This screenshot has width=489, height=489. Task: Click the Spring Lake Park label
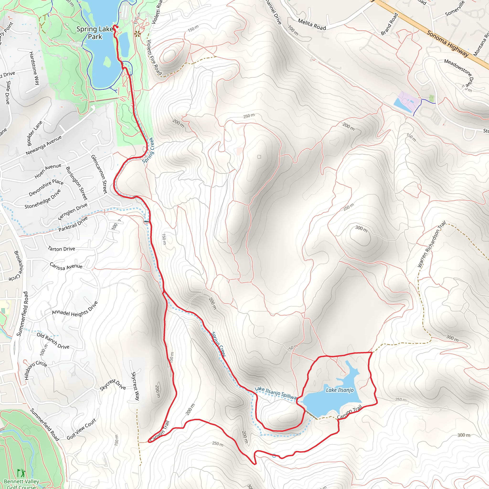tap(95, 33)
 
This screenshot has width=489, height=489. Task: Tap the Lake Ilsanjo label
tap(340, 390)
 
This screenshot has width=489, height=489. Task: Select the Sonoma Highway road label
tap(447, 44)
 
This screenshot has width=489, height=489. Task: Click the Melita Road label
tap(312, 25)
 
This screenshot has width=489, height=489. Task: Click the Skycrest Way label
tap(135, 386)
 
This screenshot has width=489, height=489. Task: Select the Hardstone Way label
tap(34, 68)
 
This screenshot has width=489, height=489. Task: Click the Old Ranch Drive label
tap(53, 341)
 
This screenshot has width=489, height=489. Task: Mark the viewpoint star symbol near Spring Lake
tap(138, 34)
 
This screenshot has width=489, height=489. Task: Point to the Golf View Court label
tap(81, 429)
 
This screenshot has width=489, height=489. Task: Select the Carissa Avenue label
tap(66, 266)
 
